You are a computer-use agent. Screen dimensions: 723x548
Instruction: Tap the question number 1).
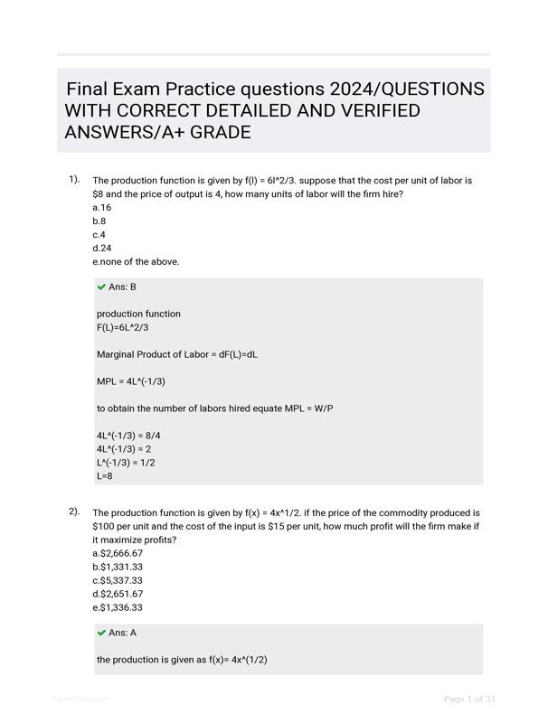click(x=74, y=179)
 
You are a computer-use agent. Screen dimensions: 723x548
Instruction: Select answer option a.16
click(x=101, y=207)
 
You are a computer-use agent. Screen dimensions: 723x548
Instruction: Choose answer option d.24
click(x=102, y=248)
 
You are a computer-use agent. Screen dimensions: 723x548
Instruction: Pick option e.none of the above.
click(x=136, y=261)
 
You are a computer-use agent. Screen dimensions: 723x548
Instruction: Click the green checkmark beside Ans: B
click(x=101, y=286)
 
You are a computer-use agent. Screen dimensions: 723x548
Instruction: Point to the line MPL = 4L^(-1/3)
click(x=131, y=381)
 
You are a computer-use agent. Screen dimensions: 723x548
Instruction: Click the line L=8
click(x=105, y=475)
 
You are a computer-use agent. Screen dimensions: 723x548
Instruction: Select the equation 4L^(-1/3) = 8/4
click(x=128, y=436)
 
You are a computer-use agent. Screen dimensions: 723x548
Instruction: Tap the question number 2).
click(x=74, y=512)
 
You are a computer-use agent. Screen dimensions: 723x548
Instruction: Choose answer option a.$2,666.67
click(x=118, y=553)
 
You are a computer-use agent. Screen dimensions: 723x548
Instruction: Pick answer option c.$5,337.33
click(x=118, y=580)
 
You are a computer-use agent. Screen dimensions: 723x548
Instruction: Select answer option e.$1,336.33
click(x=118, y=607)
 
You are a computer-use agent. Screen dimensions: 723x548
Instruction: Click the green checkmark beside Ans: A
click(x=101, y=633)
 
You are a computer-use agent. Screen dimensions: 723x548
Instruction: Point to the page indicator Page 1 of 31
click(x=469, y=699)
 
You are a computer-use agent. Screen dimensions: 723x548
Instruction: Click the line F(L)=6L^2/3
click(x=123, y=327)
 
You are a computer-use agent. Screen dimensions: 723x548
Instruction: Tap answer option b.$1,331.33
click(x=118, y=567)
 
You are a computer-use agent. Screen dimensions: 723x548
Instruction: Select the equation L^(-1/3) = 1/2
click(x=126, y=462)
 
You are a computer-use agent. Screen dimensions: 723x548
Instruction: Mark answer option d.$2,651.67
click(x=118, y=594)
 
